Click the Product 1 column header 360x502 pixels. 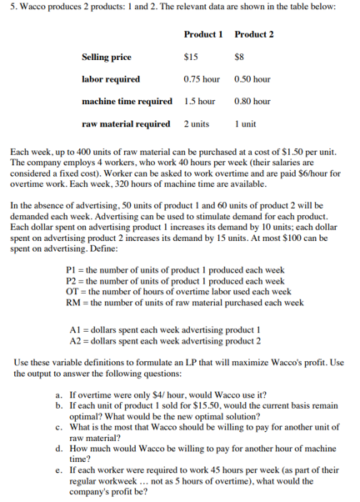pos(203,35)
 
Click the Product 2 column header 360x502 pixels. pos(254,35)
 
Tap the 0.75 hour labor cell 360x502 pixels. pos(202,79)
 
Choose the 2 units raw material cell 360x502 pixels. pos(197,123)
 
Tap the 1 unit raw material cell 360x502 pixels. pos(247,123)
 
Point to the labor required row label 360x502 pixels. pos(111,79)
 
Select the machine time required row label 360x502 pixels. pos(127,102)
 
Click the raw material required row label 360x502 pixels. pos(126,123)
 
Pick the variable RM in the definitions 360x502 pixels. pos(72,301)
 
